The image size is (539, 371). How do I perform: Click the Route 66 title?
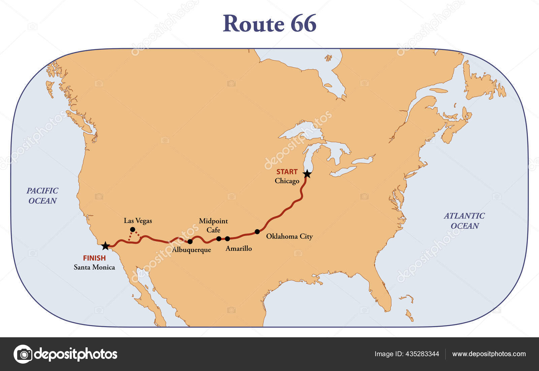pyautogui.click(x=269, y=24)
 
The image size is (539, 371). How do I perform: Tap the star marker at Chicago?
pyautogui.click(x=307, y=174)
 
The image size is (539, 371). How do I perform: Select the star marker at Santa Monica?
pyautogui.click(x=105, y=246)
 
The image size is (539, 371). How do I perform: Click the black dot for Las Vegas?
pyautogui.click(x=132, y=229)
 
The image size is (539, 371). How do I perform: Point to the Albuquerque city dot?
pyautogui.click(x=190, y=241)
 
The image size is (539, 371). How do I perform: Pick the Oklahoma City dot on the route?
pyautogui.click(x=257, y=231)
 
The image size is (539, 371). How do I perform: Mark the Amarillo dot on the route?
pyautogui.click(x=227, y=239)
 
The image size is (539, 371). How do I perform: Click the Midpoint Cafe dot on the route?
pyautogui.click(x=219, y=239)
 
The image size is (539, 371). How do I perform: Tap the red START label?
pyautogui.click(x=287, y=172)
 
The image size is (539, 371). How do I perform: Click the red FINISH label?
pyautogui.click(x=94, y=258)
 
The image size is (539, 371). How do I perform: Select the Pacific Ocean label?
pyautogui.click(x=42, y=196)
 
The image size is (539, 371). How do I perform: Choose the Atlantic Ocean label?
pyautogui.click(x=464, y=221)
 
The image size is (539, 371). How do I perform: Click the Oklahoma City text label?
pyautogui.click(x=289, y=236)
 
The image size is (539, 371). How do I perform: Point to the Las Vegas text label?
pyautogui.click(x=138, y=221)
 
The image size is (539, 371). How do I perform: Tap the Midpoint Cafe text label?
pyautogui.click(x=213, y=225)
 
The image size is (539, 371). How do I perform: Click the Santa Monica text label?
pyautogui.click(x=94, y=267)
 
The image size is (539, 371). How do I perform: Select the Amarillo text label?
pyautogui.click(x=239, y=249)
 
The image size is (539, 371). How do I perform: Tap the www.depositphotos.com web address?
pyautogui.click(x=489, y=354)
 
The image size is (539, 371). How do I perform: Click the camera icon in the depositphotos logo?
pyautogui.click(x=23, y=354)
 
